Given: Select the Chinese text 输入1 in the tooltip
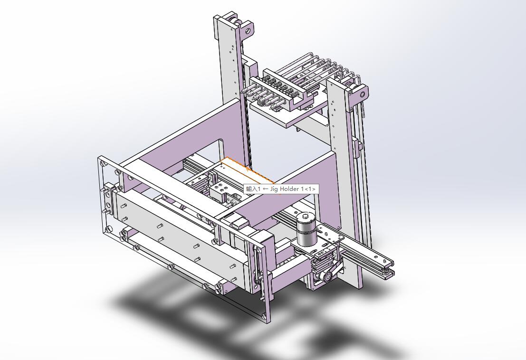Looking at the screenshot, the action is pos(253,189).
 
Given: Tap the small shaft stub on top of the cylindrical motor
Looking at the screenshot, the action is pos(306,216).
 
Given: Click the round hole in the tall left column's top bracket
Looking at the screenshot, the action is pos(248,31).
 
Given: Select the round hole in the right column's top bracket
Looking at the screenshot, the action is pos(362,95).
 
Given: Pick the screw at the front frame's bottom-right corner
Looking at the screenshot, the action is pos(264,315).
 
